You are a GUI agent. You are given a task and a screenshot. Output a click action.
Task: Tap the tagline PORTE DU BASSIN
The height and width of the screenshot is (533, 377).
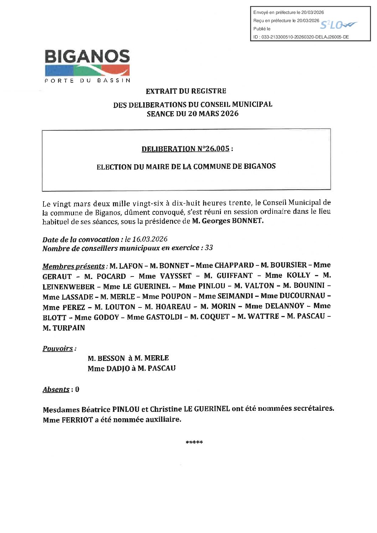(87, 81)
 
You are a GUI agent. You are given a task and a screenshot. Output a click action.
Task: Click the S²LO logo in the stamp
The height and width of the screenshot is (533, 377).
(338, 25)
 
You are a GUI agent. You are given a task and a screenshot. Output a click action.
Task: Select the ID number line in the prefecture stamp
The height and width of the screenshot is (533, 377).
(301, 37)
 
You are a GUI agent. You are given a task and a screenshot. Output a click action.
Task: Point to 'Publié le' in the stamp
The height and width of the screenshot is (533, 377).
(262, 29)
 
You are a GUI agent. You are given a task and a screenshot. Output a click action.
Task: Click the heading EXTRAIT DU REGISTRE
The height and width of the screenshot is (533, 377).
(186, 91)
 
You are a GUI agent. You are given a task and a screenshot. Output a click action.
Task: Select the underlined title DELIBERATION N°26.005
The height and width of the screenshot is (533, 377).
(185, 149)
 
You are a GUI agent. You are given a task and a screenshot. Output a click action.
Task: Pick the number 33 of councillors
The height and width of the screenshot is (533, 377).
(209, 248)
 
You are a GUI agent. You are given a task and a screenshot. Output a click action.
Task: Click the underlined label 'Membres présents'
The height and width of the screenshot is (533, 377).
(74, 266)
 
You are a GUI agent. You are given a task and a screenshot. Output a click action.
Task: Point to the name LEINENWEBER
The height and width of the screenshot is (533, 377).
(69, 287)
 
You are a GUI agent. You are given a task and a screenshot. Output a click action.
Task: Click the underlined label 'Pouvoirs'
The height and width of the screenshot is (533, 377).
(58, 348)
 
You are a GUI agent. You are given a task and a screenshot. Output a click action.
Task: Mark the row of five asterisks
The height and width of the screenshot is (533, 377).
(194, 443)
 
